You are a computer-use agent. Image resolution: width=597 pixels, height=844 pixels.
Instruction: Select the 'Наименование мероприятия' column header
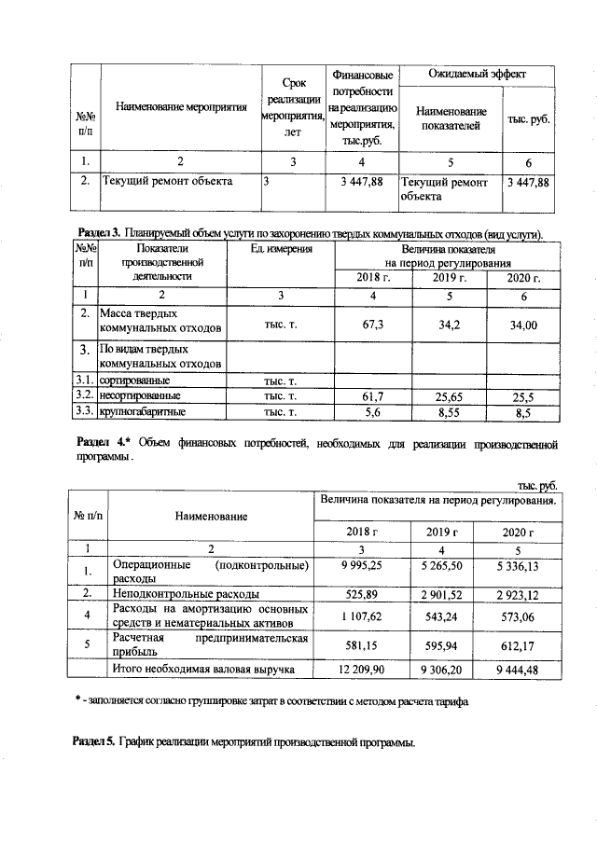tap(181, 107)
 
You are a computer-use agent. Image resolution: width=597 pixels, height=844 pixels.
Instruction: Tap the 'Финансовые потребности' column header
tap(361, 107)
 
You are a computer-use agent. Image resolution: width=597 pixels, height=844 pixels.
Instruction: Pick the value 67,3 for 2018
tap(372, 322)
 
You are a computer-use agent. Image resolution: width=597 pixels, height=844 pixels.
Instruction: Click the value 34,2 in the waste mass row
tap(450, 322)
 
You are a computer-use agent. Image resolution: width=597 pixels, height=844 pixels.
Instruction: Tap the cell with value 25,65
tap(450, 395)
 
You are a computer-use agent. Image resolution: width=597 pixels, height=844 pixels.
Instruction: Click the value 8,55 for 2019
tap(450, 410)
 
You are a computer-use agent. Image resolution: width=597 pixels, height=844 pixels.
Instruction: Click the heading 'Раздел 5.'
tap(93, 742)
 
